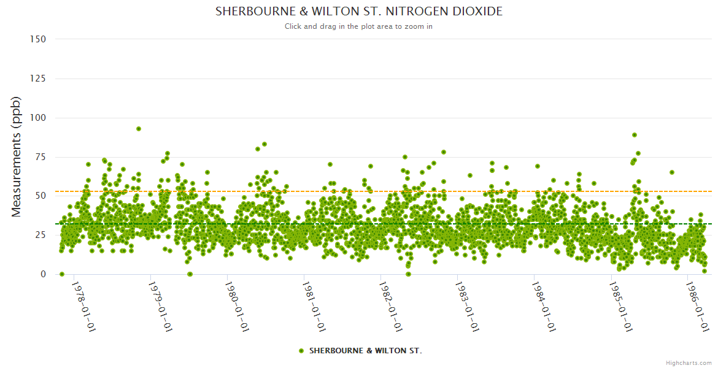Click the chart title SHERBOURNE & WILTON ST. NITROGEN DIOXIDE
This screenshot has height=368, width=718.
(358, 12)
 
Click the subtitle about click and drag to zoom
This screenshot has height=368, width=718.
(358, 26)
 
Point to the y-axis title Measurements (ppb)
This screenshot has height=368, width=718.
(17, 156)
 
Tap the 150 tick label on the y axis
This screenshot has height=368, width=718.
(38, 39)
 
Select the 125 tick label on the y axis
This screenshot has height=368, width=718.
(38, 79)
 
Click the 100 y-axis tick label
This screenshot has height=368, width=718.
(38, 118)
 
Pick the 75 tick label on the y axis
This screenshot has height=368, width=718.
(40, 157)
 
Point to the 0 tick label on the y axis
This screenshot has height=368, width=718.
(43, 274)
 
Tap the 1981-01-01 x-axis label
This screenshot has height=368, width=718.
(314, 307)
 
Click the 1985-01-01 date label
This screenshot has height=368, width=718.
(620, 307)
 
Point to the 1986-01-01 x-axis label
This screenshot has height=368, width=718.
(697, 307)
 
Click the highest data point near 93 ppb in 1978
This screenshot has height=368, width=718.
(139, 129)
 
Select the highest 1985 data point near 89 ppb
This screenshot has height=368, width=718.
(635, 135)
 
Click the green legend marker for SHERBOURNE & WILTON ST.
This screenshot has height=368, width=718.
(301, 351)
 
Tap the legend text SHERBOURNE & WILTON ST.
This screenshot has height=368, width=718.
(365, 351)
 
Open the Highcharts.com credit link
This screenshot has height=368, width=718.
(689, 362)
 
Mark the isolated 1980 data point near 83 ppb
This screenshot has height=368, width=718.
(264, 144)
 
